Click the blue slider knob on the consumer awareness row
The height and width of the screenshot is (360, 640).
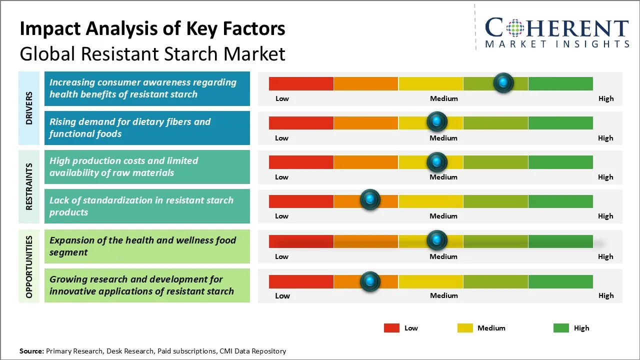pos(503,82)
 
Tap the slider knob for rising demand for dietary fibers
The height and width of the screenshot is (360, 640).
pos(437,121)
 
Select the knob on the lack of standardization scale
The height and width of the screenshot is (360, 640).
pos(370,200)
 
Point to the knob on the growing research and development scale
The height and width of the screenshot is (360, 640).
pos(370,281)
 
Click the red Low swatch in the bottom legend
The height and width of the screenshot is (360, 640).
pos(391,328)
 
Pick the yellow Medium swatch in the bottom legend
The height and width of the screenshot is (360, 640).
pos(465,328)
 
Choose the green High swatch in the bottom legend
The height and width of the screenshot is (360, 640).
pos(561,328)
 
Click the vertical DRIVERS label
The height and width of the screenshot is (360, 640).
pos(29,107)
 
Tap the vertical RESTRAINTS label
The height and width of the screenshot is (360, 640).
pos(29,186)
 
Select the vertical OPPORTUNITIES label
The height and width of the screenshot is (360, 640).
pos(29,266)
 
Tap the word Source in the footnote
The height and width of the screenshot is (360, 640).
pos(31,351)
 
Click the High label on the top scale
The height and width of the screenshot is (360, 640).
pos(605,98)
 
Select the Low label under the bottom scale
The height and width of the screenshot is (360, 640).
pos(282,295)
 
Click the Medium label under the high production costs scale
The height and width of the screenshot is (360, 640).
pos(443,177)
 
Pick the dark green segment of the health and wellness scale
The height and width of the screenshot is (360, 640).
pos(560,241)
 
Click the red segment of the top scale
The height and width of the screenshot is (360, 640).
pos(301,83)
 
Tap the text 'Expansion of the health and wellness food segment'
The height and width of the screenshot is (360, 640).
pos(142,246)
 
